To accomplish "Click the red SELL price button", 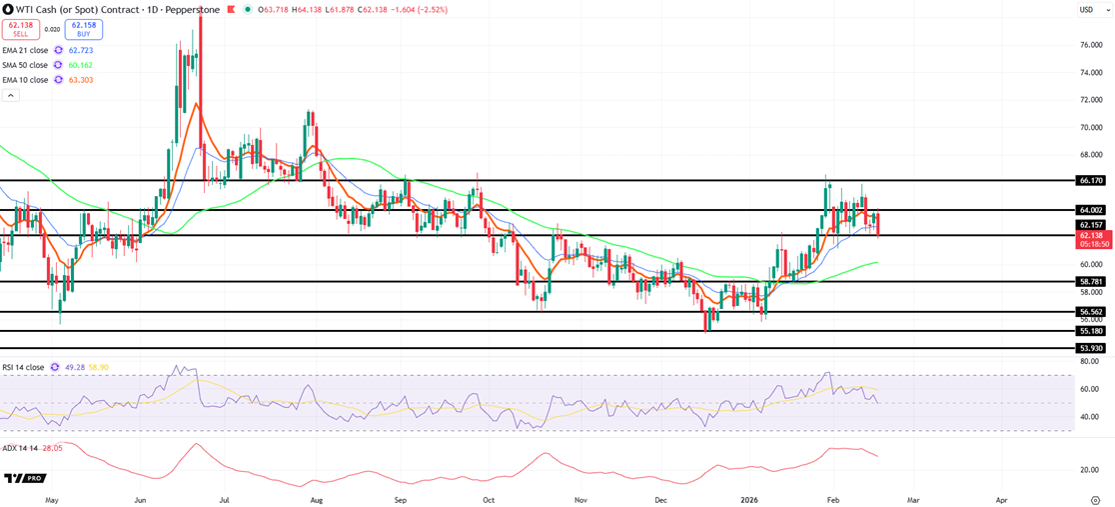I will (20, 29).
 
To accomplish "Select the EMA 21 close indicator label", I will (26, 50).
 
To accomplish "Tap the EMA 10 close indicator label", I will (26, 80).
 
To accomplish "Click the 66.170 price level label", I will (1090, 181).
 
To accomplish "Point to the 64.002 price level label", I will (1090, 210).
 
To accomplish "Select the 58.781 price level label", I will (1090, 282).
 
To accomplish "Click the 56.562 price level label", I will (1090, 312).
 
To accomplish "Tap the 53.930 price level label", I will (1090, 348).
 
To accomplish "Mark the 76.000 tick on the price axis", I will (1091, 45).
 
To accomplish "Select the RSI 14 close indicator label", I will (23, 368).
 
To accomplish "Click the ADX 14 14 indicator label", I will (19, 448).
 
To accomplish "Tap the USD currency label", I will (1086, 10).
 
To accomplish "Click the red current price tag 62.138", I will (1090, 235).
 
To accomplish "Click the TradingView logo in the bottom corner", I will (25, 478).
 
